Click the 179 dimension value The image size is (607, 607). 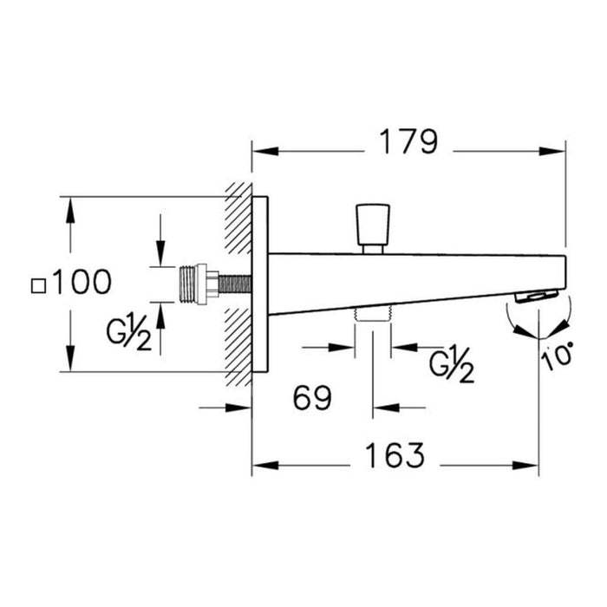[x=408, y=143]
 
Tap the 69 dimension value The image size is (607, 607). [x=312, y=398]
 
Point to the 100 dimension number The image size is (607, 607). [x=82, y=282]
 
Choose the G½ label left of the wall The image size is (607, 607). [x=129, y=334]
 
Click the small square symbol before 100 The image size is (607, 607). [x=37, y=284]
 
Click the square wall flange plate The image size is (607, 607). [x=260, y=284]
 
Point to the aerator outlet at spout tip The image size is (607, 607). [x=533, y=296]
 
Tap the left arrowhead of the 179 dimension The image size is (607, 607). [x=258, y=151]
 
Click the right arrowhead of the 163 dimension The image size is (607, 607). [x=532, y=465]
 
